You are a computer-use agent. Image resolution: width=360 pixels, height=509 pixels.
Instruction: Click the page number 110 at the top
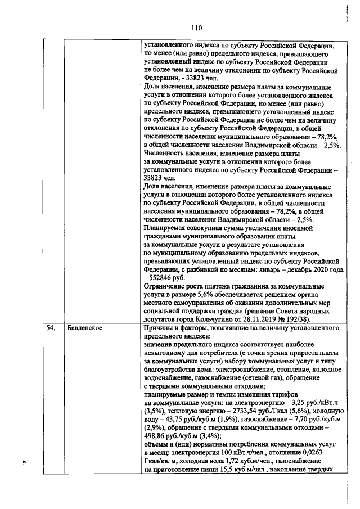point(196,28)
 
